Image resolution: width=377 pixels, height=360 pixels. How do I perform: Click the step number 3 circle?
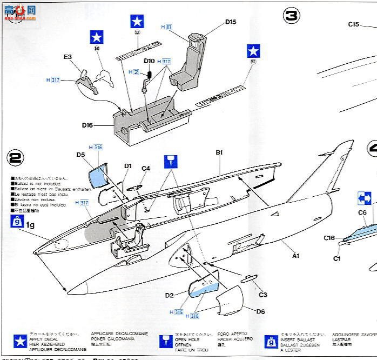tap(291, 16)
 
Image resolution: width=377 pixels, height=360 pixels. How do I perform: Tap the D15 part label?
tap(231, 22)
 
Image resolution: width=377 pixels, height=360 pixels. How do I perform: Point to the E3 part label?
tap(68, 56)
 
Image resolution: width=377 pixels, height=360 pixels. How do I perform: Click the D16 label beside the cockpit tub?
tap(87, 125)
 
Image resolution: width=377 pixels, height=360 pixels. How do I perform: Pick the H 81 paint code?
tap(166, 27)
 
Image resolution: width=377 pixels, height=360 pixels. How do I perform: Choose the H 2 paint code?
tap(134, 72)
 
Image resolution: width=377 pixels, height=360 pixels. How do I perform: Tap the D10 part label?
tap(149, 61)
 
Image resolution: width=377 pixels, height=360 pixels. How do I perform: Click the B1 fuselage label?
tap(219, 153)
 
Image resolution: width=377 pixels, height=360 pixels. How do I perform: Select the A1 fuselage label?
tap(295, 256)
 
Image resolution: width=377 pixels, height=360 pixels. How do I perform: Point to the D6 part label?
tap(260, 311)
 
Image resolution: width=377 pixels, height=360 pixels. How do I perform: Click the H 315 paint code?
tap(176, 312)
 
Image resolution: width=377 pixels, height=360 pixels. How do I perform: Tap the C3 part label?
tap(262, 295)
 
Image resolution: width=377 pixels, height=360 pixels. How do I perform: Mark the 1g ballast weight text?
tap(30, 223)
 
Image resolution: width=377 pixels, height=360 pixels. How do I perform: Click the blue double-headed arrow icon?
tap(364, 198)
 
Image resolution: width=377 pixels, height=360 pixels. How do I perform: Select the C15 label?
tap(354, 24)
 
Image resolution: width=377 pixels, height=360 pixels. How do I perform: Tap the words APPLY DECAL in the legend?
tap(42, 338)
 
